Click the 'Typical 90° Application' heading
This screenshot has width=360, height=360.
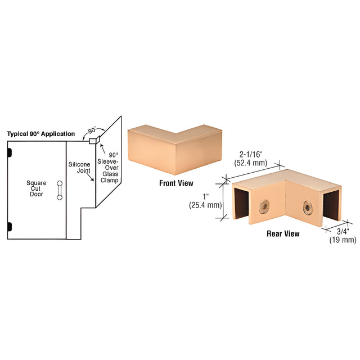[41, 134]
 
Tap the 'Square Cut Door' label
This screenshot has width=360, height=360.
[36, 188]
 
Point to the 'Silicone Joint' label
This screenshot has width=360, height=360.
[79, 168]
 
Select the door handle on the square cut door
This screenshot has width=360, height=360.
[60, 190]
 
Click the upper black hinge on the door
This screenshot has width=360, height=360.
[10, 152]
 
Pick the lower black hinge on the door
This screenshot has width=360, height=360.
[10, 227]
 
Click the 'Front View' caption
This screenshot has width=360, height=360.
[176, 183]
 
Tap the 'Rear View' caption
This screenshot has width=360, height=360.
[283, 234]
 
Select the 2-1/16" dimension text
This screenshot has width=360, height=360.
[251, 154]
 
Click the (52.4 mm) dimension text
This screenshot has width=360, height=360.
[251, 163]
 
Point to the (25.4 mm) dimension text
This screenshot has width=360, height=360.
[205, 205]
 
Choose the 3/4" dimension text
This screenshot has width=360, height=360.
[343, 231]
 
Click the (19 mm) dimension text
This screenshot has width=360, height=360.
[343, 240]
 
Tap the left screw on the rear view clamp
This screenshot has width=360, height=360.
[264, 206]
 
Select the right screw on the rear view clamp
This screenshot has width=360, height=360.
[308, 208]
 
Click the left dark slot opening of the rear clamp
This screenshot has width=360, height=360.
[241, 203]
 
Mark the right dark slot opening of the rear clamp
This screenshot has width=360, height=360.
[331, 205]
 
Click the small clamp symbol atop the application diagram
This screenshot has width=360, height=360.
[94, 140]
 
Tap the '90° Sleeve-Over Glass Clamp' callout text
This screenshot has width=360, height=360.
[108, 168]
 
